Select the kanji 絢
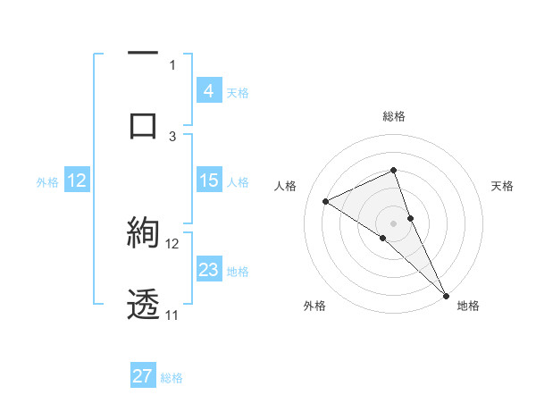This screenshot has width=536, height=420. [x=143, y=233]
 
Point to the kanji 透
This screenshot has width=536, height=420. [x=143, y=304]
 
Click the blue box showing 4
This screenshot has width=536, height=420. [x=208, y=91]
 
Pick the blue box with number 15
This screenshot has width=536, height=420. [x=208, y=181]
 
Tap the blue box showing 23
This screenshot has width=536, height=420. [x=208, y=270]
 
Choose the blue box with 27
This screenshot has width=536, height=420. [x=143, y=376]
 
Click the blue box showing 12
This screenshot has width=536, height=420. [x=76, y=181]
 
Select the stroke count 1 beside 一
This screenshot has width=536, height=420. [x=172, y=64]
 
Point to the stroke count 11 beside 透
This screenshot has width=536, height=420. [x=172, y=315]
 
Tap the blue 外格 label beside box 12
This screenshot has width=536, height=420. [x=47, y=181]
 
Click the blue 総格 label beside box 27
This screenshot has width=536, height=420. [x=172, y=377]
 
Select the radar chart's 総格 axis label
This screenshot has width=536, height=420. [x=393, y=116]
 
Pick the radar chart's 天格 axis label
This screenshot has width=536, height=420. [x=502, y=186]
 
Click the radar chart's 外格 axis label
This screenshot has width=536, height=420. [x=314, y=306]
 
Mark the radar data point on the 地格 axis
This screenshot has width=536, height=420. [x=446, y=294]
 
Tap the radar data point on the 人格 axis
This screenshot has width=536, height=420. [x=326, y=201]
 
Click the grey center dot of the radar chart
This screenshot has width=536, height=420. [x=393, y=223]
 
